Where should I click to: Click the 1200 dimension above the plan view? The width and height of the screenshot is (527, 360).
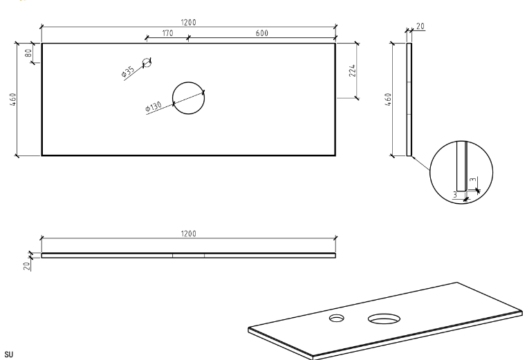point(188,23)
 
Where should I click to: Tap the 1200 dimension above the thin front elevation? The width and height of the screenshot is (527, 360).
point(188,234)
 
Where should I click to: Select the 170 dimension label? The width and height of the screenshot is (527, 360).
point(167,33)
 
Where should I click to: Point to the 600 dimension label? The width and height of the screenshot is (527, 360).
point(262,33)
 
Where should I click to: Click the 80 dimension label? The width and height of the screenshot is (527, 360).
point(28,53)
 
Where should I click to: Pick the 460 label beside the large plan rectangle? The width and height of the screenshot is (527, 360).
point(12,100)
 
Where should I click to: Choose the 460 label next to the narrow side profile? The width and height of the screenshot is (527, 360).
point(388,100)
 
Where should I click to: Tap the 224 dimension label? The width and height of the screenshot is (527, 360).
point(352,71)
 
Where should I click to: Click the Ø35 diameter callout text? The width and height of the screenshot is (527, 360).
point(128,71)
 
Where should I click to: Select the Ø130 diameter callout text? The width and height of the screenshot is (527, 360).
point(154,108)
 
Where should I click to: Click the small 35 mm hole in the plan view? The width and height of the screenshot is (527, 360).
point(147,62)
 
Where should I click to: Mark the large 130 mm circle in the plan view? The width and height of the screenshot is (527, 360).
point(188,98)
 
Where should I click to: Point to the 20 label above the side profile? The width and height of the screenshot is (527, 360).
point(420,26)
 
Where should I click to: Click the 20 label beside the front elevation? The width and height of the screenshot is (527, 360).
point(27,266)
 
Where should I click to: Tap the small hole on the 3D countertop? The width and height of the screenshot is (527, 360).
point(336,318)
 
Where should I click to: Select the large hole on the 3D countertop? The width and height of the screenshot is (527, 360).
point(384,319)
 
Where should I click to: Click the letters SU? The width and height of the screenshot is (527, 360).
point(9,354)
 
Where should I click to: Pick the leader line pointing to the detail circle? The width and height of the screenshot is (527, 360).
point(420,163)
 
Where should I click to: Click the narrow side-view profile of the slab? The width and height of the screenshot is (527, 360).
point(409,100)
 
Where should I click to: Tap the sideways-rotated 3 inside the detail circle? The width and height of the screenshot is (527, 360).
point(473,180)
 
